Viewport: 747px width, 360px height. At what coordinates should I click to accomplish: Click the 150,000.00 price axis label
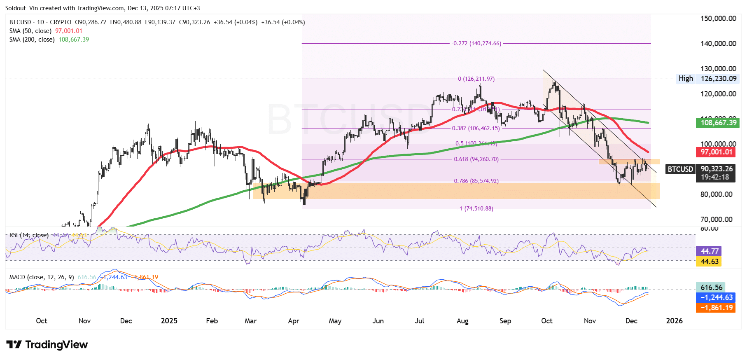(718, 19)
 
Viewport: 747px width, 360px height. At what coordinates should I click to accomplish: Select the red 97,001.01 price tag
(717, 152)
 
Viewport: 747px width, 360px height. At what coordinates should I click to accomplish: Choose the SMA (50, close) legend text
(30, 31)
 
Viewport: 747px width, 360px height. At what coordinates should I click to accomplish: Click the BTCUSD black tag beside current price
(680, 169)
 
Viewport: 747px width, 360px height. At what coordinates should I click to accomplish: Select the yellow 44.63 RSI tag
(709, 262)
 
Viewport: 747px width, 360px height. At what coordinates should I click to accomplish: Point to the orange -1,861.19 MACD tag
(717, 308)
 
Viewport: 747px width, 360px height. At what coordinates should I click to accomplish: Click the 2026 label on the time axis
(674, 321)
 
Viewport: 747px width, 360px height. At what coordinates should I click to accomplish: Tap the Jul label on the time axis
(420, 321)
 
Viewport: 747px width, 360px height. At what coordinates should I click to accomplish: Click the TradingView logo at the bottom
(47, 345)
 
